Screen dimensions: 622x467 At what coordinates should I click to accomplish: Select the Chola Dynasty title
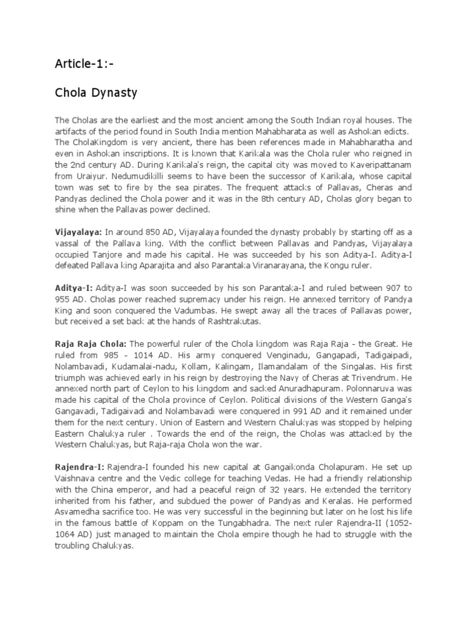96,94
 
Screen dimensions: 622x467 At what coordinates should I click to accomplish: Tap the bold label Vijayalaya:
78,232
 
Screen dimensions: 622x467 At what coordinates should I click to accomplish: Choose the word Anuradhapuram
279,389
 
